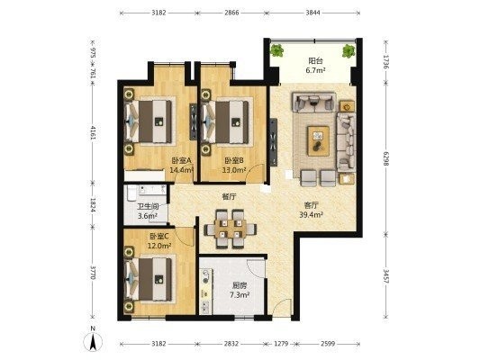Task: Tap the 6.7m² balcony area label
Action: click(315, 70)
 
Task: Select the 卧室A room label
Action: click(182, 160)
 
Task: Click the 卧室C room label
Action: click(159, 236)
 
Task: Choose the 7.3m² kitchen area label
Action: click(239, 295)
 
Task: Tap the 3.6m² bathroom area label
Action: click(148, 216)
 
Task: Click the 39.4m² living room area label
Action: click(312, 215)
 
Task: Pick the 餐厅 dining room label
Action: click(229, 196)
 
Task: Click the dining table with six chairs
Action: click(231, 229)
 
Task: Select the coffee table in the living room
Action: click(319, 140)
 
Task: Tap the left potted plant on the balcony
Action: click(277, 50)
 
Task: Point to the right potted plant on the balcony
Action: click(349, 50)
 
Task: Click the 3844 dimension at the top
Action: click(312, 13)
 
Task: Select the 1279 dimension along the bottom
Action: click(281, 344)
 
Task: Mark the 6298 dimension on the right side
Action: click(385, 158)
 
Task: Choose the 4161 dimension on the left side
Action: click(93, 132)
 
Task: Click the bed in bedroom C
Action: click(149, 279)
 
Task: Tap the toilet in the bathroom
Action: click(131, 193)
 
